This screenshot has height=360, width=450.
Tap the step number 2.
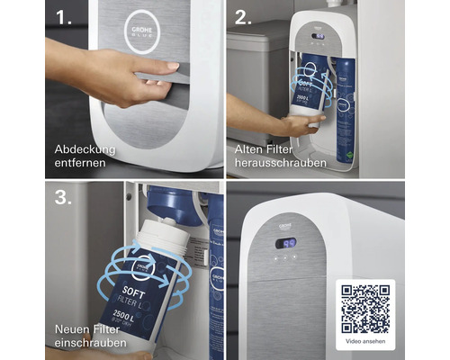coord(242,17)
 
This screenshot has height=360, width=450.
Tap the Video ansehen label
coord(365,343)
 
